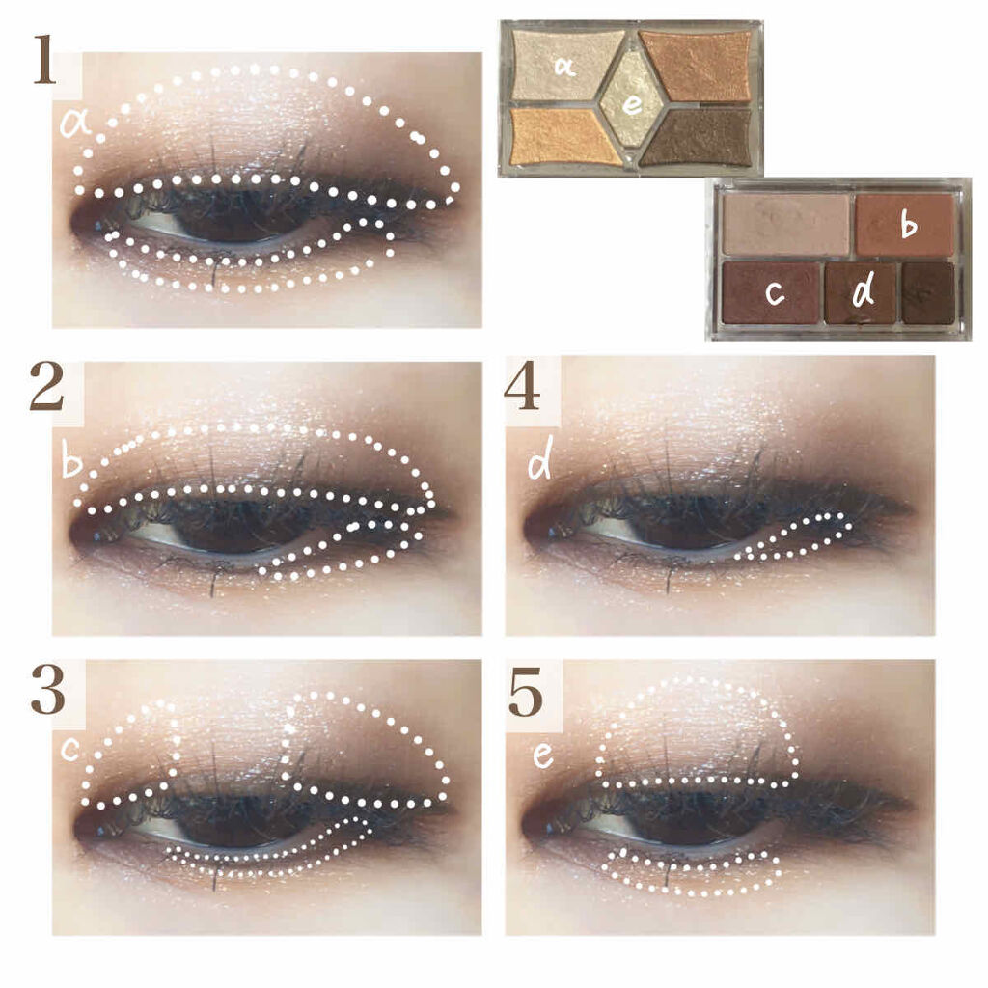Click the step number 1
click(44, 60)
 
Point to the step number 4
click(522, 387)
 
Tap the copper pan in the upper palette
click(698, 65)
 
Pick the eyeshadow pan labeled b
click(905, 224)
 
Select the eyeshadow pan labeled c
click(773, 292)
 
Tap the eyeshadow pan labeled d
click(861, 293)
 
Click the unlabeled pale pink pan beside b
click(786, 224)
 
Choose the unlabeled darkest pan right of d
click(927, 293)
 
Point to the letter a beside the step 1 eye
click(74, 124)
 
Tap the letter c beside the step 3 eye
click(69, 749)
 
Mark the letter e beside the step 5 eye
click(542, 755)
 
